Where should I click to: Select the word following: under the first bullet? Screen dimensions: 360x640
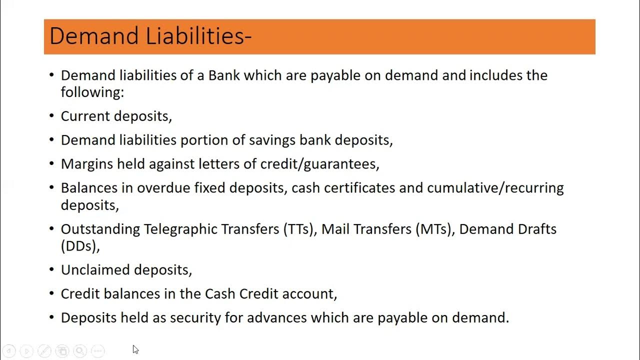coord(92,92)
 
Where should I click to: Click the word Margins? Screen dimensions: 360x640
coord(87,164)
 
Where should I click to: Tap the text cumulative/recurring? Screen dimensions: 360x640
coord(495,188)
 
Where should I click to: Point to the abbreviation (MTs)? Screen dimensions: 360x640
coord(433,229)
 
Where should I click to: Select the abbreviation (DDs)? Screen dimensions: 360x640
coord(80,246)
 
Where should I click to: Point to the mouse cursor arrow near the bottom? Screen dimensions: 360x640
coord(135,349)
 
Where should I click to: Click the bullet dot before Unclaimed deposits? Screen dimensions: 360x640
coord(51,270)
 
